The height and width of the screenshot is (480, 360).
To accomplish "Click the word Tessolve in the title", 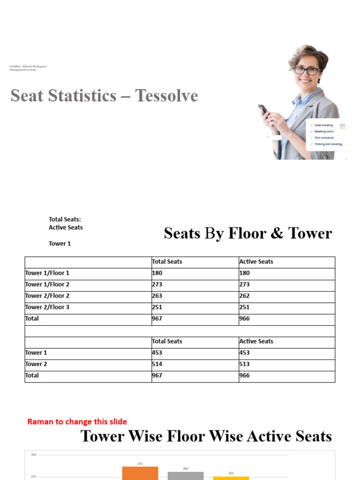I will pyautogui.click(x=166, y=96).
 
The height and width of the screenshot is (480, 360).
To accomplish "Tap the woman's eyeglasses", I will pyautogui.click(x=307, y=71).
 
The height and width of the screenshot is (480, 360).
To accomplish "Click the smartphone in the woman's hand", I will pyautogui.click(x=263, y=109).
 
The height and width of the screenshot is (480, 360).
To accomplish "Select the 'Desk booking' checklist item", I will pyautogui.click(x=323, y=125).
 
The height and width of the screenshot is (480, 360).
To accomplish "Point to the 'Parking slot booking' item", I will pyautogui.click(x=328, y=144).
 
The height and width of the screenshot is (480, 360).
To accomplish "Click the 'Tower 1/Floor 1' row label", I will pyautogui.click(x=47, y=273).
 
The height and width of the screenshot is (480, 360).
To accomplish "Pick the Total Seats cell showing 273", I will pyautogui.click(x=157, y=285).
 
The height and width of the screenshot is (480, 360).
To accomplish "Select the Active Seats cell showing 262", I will pyautogui.click(x=245, y=296).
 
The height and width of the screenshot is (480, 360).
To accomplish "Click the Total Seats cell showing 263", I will pyautogui.click(x=157, y=296).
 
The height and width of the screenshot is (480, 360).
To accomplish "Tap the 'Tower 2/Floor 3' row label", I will pyautogui.click(x=47, y=307).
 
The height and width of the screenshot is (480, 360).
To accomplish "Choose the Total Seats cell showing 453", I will pyautogui.click(x=157, y=353).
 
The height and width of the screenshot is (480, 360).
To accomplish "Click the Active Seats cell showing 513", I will pyautogui.click(x=245, y=364).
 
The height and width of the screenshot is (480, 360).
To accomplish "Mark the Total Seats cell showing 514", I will pyautogui.click(x=157, y=364).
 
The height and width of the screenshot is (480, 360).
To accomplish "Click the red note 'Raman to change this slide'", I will pyautogui.click(x=77, y=422).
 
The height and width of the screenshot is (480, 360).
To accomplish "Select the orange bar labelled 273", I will pyautogui.click(x=140, y=473).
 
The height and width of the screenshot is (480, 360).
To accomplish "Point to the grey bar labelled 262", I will pyautogui.click(x=186, y=475).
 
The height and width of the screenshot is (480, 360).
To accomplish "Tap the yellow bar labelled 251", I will pyautogui.click(x=231, y=478).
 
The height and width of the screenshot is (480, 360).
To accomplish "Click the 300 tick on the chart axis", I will pyautogui.click(x=33, y=455).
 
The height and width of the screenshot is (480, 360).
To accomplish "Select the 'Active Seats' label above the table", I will pyautogui.click(x=66, y=227).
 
